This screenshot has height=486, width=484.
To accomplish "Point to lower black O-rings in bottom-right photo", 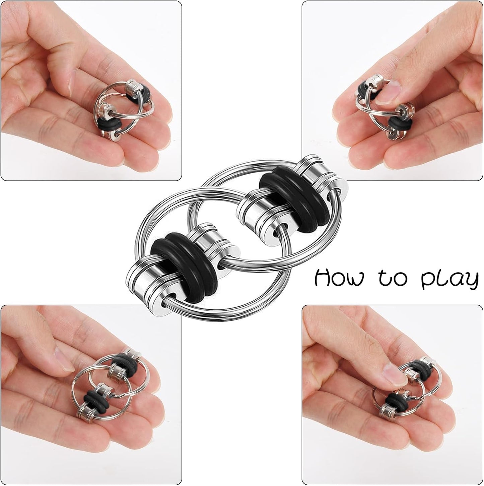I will click(395, 400).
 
